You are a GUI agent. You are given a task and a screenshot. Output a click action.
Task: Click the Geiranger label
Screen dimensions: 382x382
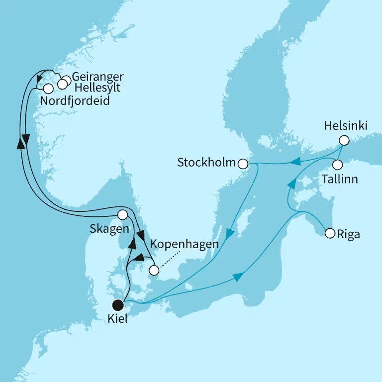pyautogui.click(x=97, y=77)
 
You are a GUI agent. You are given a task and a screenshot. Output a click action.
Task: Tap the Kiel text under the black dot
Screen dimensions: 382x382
pyautogui.click(x=117, y=319)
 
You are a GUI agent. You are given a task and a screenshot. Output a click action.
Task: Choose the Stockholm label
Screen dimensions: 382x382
pyautogui.click(x=206, y=163)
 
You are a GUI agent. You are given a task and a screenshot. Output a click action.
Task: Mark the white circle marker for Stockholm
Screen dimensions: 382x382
pyautogui.click(x=243, y=164)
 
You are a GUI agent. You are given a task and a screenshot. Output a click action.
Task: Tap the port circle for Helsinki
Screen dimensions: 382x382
pyautogui.click(x=344, y=140)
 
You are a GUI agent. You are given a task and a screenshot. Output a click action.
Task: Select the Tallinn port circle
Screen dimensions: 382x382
pyautogui.click(x=338, y=164)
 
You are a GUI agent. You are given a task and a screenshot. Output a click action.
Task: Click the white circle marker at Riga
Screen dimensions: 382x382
pyautogui.click(x=329, y=233)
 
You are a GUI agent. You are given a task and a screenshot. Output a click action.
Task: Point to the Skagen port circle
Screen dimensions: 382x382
pyautogui.click(x=122, y=215)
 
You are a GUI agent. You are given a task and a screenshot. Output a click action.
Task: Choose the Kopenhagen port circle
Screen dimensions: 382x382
pyautogui.click(x=154, y=271)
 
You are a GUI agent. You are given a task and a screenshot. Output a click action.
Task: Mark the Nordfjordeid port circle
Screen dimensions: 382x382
pyautogui.click(x=48, y=89)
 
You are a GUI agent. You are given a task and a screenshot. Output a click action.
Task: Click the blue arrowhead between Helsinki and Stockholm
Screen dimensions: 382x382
pyautogui.click(x=295, y=161)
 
